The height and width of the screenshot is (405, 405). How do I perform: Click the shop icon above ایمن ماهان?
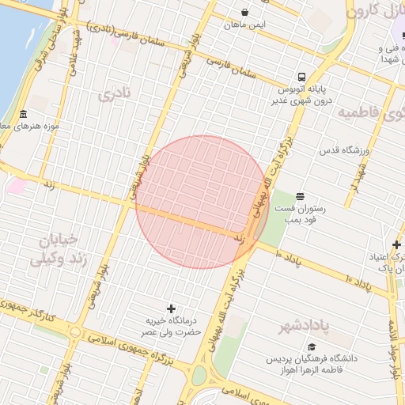click(x=245, y=13)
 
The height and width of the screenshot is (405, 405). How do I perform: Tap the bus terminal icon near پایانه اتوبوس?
click(x=301, y=77)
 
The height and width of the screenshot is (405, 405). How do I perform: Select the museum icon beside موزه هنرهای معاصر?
click(x=23, y=115)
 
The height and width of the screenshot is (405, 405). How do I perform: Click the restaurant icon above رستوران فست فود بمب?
click(x=300, y=195)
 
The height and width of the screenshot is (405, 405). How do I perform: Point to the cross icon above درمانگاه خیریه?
click(x=171, y=308)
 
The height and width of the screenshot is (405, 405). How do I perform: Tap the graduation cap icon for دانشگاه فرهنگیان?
click(x=312, y=346)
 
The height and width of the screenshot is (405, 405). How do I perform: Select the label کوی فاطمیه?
click(x=370, y=113)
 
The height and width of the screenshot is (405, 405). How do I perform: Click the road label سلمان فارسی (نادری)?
click(x=134, y=36)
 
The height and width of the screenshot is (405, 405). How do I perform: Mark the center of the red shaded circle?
click(x=202, y=202)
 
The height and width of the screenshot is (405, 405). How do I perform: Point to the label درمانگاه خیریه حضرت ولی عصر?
click(x=170, y=327)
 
